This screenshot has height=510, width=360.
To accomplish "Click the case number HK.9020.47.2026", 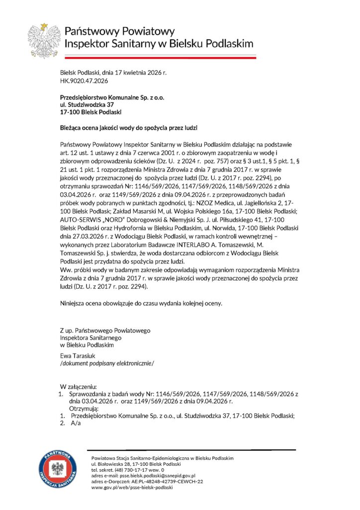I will pos(84,80).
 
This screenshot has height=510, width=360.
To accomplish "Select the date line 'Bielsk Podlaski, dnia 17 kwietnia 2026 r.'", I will pos(113,73).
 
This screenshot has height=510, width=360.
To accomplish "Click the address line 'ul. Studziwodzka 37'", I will pos(87,106).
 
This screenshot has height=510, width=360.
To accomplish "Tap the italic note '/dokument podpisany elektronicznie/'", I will pos(107,363).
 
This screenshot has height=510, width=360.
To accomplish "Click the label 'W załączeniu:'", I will pos(79,386).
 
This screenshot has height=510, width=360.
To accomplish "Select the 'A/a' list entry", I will pos(76,423).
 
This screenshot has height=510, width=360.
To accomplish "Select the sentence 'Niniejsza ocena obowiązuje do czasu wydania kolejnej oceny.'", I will pos(141,302).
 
